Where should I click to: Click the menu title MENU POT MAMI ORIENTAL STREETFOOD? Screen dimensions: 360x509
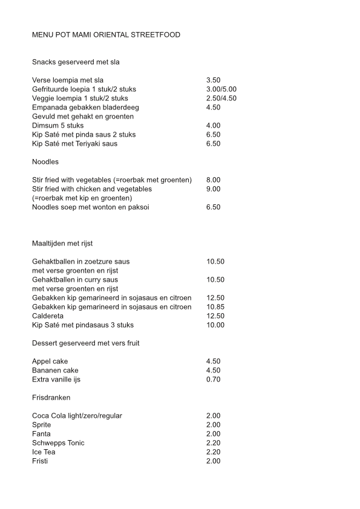[x=106, y=35]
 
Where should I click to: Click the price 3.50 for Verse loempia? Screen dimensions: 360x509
[x=213, y=80]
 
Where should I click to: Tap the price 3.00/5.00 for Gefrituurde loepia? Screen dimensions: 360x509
[x=221, y=89]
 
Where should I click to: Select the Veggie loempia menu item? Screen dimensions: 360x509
[x=80, y=99]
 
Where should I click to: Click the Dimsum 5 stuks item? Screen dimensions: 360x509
[x=58, y=126]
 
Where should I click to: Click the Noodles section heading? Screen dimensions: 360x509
[x=46, y=162]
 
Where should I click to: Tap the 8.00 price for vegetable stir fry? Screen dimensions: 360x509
[x=213, y=180]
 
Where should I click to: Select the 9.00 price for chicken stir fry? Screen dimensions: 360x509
[x=213, y=189]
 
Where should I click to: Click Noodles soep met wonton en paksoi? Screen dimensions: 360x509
[x=91, y=207]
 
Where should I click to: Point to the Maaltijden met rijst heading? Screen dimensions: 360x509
[x=62, y=244]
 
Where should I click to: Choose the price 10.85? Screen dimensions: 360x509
[x=215, y=307]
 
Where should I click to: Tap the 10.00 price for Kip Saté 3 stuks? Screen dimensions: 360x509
[x=215, y=325]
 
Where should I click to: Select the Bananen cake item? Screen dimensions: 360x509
[x=55, y=371]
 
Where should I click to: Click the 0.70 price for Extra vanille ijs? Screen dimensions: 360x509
[x=213, y=380]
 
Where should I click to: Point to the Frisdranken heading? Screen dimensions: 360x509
[x=51, y=398]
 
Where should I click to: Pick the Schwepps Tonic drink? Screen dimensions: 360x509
[x=58, y=443]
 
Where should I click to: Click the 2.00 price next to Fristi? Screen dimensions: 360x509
[x=213, y=461]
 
